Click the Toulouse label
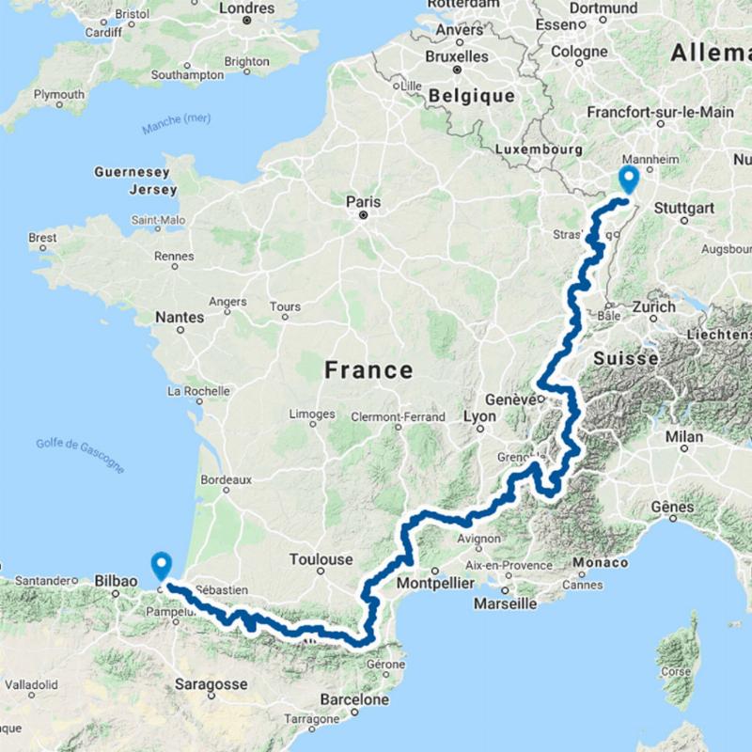coord(321,559)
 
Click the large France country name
coord(368,369)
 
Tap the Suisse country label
coord(625,358)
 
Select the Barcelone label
coord(353,699)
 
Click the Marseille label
coord(505,603)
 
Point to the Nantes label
coord(179,318)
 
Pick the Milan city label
coord(683,438)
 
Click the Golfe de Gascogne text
coord(80,454)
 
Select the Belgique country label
coord(472,97)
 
